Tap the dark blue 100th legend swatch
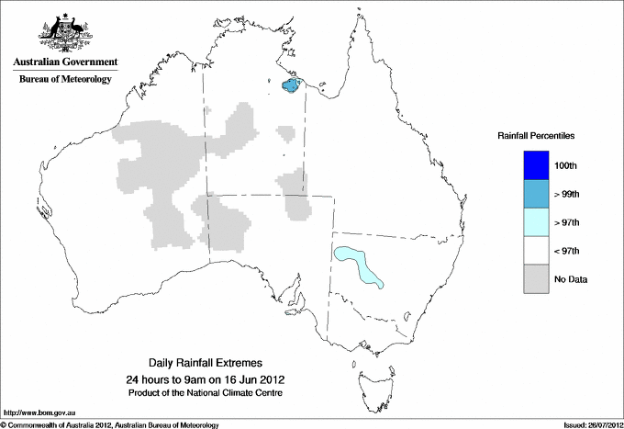[537, 165]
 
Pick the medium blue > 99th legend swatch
[537, 194]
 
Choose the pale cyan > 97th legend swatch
[537, 222]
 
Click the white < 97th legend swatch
[537, 251]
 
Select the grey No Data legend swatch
[537, 279]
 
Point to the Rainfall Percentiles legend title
[536, 135]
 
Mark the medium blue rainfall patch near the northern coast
[291, 85]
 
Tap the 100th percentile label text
[566, 165]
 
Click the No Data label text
[570, 279]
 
